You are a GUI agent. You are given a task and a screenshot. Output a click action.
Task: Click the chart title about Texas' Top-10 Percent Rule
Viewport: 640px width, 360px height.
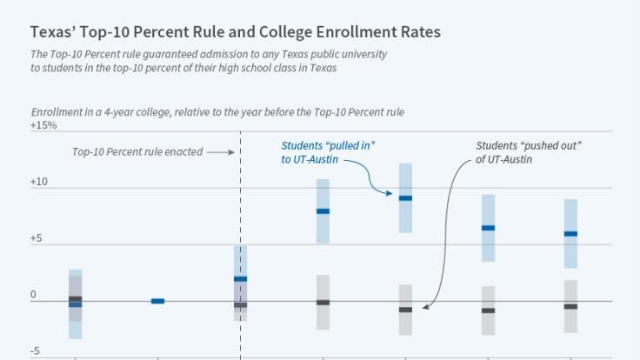point(235,32)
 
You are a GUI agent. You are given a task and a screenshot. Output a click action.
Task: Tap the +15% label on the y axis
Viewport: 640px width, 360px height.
point(43,125)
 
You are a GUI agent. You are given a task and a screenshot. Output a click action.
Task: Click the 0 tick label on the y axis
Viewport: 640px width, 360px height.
point(34,296)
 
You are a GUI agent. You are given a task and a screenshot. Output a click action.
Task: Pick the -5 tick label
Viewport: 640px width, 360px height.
point(36,351)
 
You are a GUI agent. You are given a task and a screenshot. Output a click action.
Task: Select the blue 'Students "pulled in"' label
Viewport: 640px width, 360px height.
point(334,152)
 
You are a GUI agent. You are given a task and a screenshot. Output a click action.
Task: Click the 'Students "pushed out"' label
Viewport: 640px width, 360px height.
point(529,152)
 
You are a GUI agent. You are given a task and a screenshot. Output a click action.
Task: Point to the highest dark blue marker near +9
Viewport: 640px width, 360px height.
point(405,198)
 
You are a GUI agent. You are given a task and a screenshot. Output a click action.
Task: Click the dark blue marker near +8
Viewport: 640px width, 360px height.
point(323,211)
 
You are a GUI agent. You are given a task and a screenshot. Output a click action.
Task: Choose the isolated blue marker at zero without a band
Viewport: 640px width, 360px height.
point(157,301)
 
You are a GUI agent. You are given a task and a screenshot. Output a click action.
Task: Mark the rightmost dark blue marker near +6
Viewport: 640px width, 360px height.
point(570,234)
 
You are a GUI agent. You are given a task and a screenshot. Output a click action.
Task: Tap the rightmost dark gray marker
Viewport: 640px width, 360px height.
point(570,306)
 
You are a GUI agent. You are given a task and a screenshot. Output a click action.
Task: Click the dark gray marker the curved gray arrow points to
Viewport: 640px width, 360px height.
point(405,310)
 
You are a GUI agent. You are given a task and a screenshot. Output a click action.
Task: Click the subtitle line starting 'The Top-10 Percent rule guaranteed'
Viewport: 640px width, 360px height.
point(209,54)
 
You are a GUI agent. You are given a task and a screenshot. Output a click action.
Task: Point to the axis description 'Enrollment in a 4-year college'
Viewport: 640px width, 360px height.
point(217,112)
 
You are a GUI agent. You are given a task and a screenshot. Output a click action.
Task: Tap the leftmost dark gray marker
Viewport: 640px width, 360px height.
point(75,299)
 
